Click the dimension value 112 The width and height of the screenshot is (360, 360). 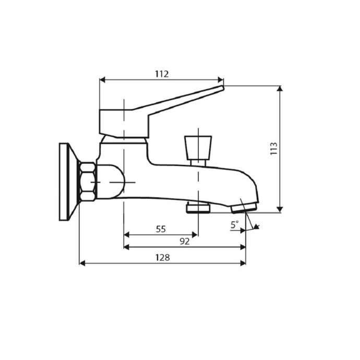pos(162,74)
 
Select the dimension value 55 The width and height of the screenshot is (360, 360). pos(161,229)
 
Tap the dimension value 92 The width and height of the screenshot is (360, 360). pos(184,241)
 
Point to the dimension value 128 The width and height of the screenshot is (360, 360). pos(162,257)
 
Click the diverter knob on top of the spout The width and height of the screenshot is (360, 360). pos(198,146)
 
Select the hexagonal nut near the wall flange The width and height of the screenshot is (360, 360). pos(87,181)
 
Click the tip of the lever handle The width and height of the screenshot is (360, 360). pos(221,89)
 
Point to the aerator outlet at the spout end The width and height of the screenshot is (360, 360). pos(243,208)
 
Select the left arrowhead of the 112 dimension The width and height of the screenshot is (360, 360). pos(102,80)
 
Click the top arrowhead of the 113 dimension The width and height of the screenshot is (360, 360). pos(281,89)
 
